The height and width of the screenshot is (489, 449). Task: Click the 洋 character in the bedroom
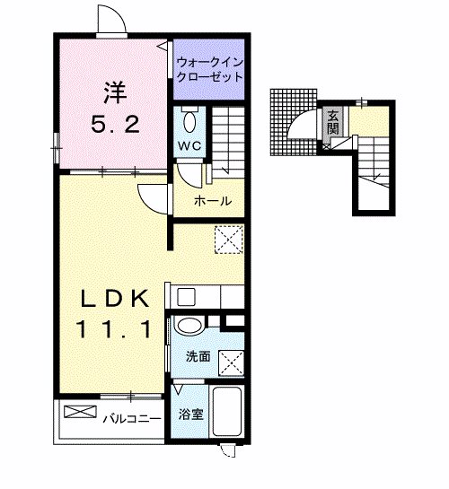(x=113, y=92)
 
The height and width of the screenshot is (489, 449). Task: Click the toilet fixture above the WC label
(x=189, y=120)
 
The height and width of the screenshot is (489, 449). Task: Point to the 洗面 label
(x=198, y=356)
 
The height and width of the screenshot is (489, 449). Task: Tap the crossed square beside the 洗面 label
(x=232, y=362)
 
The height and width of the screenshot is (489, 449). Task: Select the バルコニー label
(x=131, y=418)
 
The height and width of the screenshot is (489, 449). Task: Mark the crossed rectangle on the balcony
(x=79, y=413)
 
